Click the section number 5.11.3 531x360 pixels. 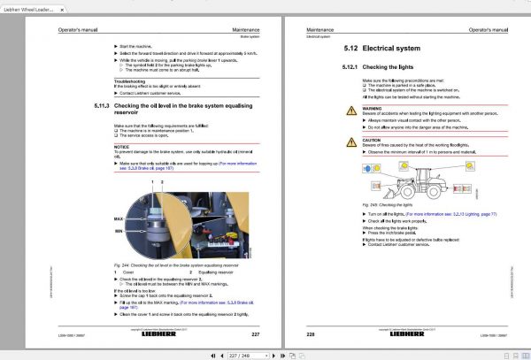(x=102, y=104)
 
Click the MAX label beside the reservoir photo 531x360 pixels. (x=118, y=218)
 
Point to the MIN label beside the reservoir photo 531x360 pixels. (x=118, y=230)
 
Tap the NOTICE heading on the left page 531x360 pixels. (x=121, y=148)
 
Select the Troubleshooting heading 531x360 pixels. (x=130, y=80)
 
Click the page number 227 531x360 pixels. (x=255, y=333)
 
